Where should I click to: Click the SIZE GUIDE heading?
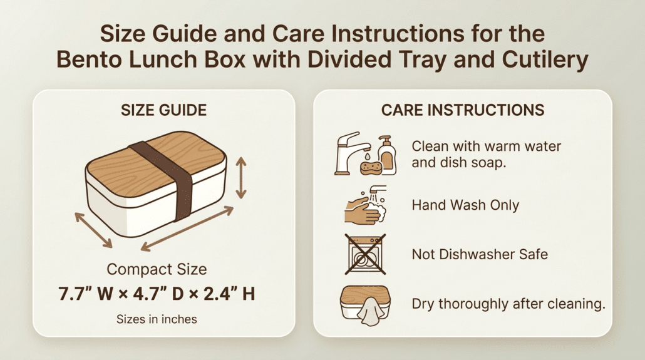[163, 110]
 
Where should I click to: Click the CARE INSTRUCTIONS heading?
[463, 110]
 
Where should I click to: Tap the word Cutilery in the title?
[545, 59]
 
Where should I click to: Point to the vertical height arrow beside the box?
[241, 178]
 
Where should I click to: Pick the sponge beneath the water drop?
[369, 168]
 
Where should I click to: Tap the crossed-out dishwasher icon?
[365, 254]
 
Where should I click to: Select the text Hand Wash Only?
[465, 205]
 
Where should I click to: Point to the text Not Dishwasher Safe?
[480, 254]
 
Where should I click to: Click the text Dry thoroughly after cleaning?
[508, 304]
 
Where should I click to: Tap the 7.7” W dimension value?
[86, 294]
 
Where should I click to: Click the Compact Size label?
[157, 269]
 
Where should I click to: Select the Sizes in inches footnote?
[157, 319]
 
